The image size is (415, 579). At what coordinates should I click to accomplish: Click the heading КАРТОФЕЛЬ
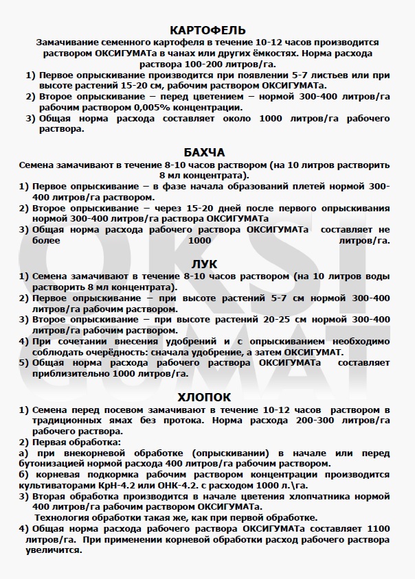[207, 29]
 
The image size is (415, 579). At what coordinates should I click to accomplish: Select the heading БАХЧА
[205, 152]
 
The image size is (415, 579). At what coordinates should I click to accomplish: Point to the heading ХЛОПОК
[205, 397]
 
